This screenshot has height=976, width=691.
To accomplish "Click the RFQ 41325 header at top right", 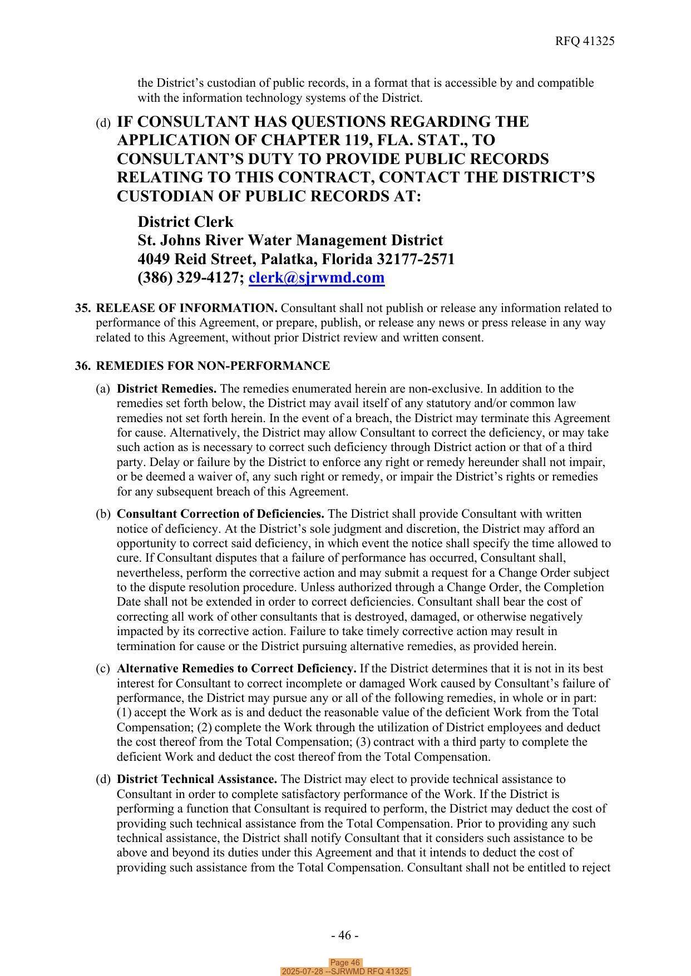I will click(584, 41).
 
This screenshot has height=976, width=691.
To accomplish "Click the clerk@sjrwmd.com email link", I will click(316, 278).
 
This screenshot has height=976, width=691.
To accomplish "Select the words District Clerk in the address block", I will click(185, 222).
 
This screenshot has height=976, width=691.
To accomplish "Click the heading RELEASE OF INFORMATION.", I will click(186, 308).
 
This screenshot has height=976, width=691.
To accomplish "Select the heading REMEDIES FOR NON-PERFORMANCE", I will click(213, 366).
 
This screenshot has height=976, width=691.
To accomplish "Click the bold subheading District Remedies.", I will click(166, 389).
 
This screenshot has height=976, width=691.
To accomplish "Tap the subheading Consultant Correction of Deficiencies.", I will click(220, 514).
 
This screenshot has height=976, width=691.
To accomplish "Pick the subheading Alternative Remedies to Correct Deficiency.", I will click(236, 668).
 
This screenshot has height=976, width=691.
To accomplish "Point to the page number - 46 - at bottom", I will click(344, 935).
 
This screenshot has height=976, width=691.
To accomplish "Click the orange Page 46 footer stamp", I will click(345, 963).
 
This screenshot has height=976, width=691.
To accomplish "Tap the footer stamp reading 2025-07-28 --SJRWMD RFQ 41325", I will click(345, 972).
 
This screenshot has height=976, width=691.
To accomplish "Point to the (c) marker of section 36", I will click(103, 668).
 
